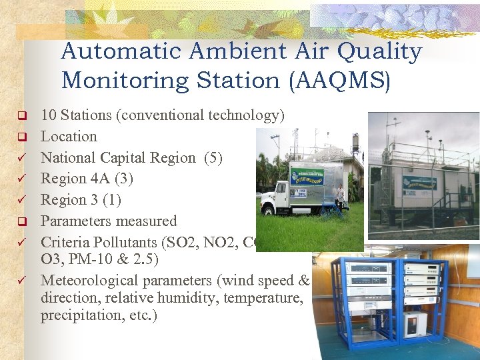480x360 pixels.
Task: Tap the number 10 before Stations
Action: pyautogui.click(x=49, y=115)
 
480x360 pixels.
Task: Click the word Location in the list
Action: pyautogui.click(x=69, y=137)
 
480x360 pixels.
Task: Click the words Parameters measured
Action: pyautogui.click(x=109, y=221)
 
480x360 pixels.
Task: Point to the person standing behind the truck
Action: pyautogui.click(x=341, y=196)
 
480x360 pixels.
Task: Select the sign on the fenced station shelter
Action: pyautogui.click(x=419, y=182)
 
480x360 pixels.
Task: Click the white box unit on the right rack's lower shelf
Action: pyautogui.click(x=415, y=323)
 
